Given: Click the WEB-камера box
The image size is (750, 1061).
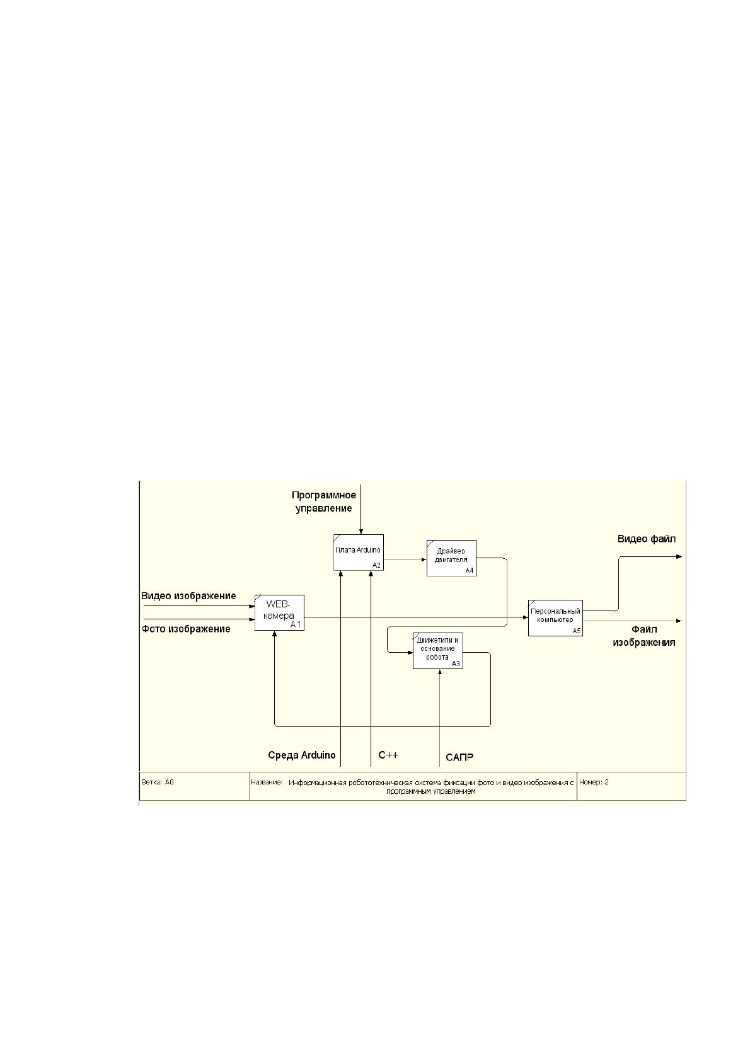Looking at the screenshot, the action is pos(279,612).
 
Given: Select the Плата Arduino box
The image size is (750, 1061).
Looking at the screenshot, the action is pos(358,553).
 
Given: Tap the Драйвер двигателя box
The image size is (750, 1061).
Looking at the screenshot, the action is pos(451,558).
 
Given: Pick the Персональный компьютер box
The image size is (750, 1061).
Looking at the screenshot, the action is pos(555,618).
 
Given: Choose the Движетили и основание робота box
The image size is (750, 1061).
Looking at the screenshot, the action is pos(437,651).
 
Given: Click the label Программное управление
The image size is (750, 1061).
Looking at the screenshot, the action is pos(323,502).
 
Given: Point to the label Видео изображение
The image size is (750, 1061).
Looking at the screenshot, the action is pos(188,596).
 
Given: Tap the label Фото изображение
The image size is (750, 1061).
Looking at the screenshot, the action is pos(186,629).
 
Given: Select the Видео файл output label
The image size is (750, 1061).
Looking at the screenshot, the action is pos(646,539).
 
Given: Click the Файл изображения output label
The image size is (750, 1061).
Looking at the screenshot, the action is pos(644,636).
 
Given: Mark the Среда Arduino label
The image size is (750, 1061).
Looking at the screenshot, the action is pos(302,755).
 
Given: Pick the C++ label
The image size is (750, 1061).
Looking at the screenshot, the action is pos(388,755).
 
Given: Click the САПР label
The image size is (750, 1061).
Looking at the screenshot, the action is pos(459,757).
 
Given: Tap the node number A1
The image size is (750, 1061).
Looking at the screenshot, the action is pos(296,625).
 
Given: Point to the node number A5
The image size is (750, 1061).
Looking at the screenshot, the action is pos(576,631).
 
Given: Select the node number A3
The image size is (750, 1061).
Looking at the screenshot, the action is pos(456,663).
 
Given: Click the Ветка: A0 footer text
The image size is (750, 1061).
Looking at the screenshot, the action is pos(158,782).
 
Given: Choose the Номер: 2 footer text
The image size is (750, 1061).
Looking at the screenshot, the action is pos(594,782).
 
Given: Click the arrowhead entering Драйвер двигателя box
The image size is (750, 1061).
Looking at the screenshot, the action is pos(424,559).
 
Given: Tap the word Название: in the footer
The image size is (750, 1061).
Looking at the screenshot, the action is pos(267,782).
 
